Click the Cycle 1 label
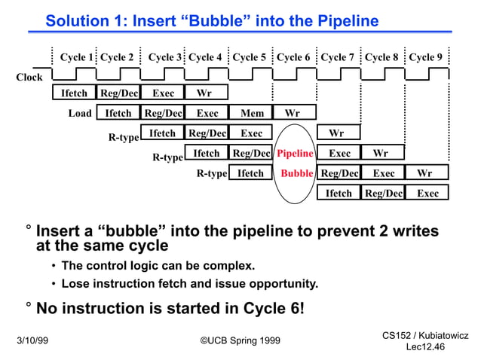coord(77,57)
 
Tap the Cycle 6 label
coord(293,57)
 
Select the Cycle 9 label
coord(426,57)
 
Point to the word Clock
coord(29,77)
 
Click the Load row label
coord(80,114)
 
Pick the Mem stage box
coord(251,114)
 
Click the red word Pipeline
coord(295,154)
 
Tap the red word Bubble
coord(296,173)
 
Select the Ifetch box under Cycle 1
coord(74,94)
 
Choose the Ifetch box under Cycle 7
coord(339,194)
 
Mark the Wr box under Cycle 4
coord(204,94)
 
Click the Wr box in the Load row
coord(293,114)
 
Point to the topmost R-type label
coord(124,138)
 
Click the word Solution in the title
coord(77,21)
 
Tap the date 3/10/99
coord(32,340)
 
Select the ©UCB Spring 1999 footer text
coord(240,340)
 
